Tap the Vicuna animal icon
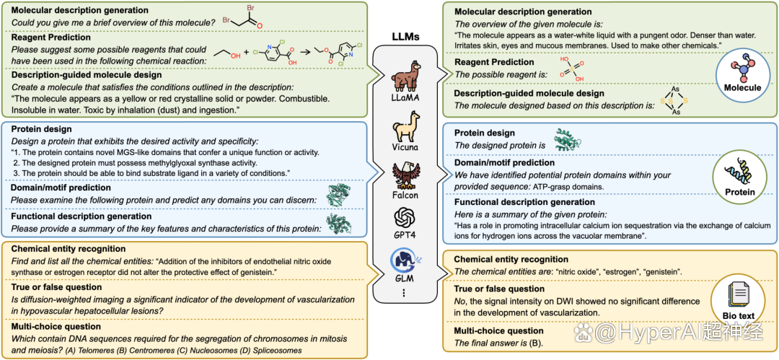(x=403, y=126)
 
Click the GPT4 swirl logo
(x=403, y=216)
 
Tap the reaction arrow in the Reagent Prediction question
(x=307, y=52)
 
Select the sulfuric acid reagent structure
(x=571, y=69)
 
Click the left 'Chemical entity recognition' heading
(x=68, y=249)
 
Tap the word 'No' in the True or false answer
(x=460, y=302)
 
